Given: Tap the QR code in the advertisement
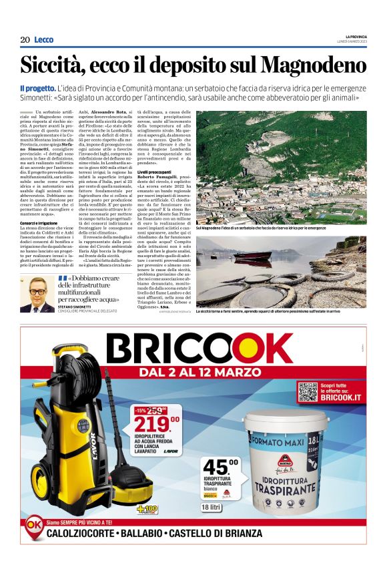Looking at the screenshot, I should pyautogui.click(x=307, y=391).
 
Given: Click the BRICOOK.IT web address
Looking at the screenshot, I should pyautogui.click(x=343, y=397).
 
